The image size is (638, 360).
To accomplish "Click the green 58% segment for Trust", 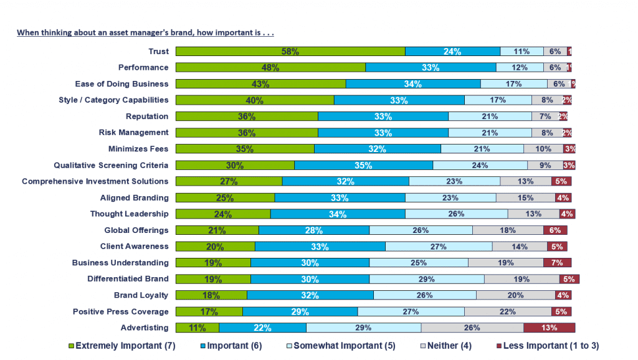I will click(290, 52).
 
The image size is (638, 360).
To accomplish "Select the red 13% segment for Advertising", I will click(549, 328).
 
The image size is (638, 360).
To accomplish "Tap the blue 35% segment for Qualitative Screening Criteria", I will click(363, 165).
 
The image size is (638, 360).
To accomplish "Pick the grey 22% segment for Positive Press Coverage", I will click(507, 311).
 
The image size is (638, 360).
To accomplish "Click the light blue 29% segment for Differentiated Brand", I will click(427, 279).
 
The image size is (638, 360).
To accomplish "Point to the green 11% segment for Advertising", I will click(197, 328).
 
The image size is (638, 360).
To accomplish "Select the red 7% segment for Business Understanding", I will click(557, 263).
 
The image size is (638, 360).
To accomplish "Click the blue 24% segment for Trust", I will click(452, 52).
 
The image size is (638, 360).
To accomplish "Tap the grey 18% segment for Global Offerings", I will click(508, 230).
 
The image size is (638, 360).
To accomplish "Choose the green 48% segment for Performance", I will click(270, 68).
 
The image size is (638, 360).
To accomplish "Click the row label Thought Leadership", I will click(129, 214).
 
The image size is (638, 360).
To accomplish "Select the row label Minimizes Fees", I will click(137, 149).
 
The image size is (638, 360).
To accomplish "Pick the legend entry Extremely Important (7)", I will click(119, 346).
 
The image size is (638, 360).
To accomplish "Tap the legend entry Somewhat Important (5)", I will click(345, 346).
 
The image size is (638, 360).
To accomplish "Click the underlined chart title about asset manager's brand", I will click(145, 32).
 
